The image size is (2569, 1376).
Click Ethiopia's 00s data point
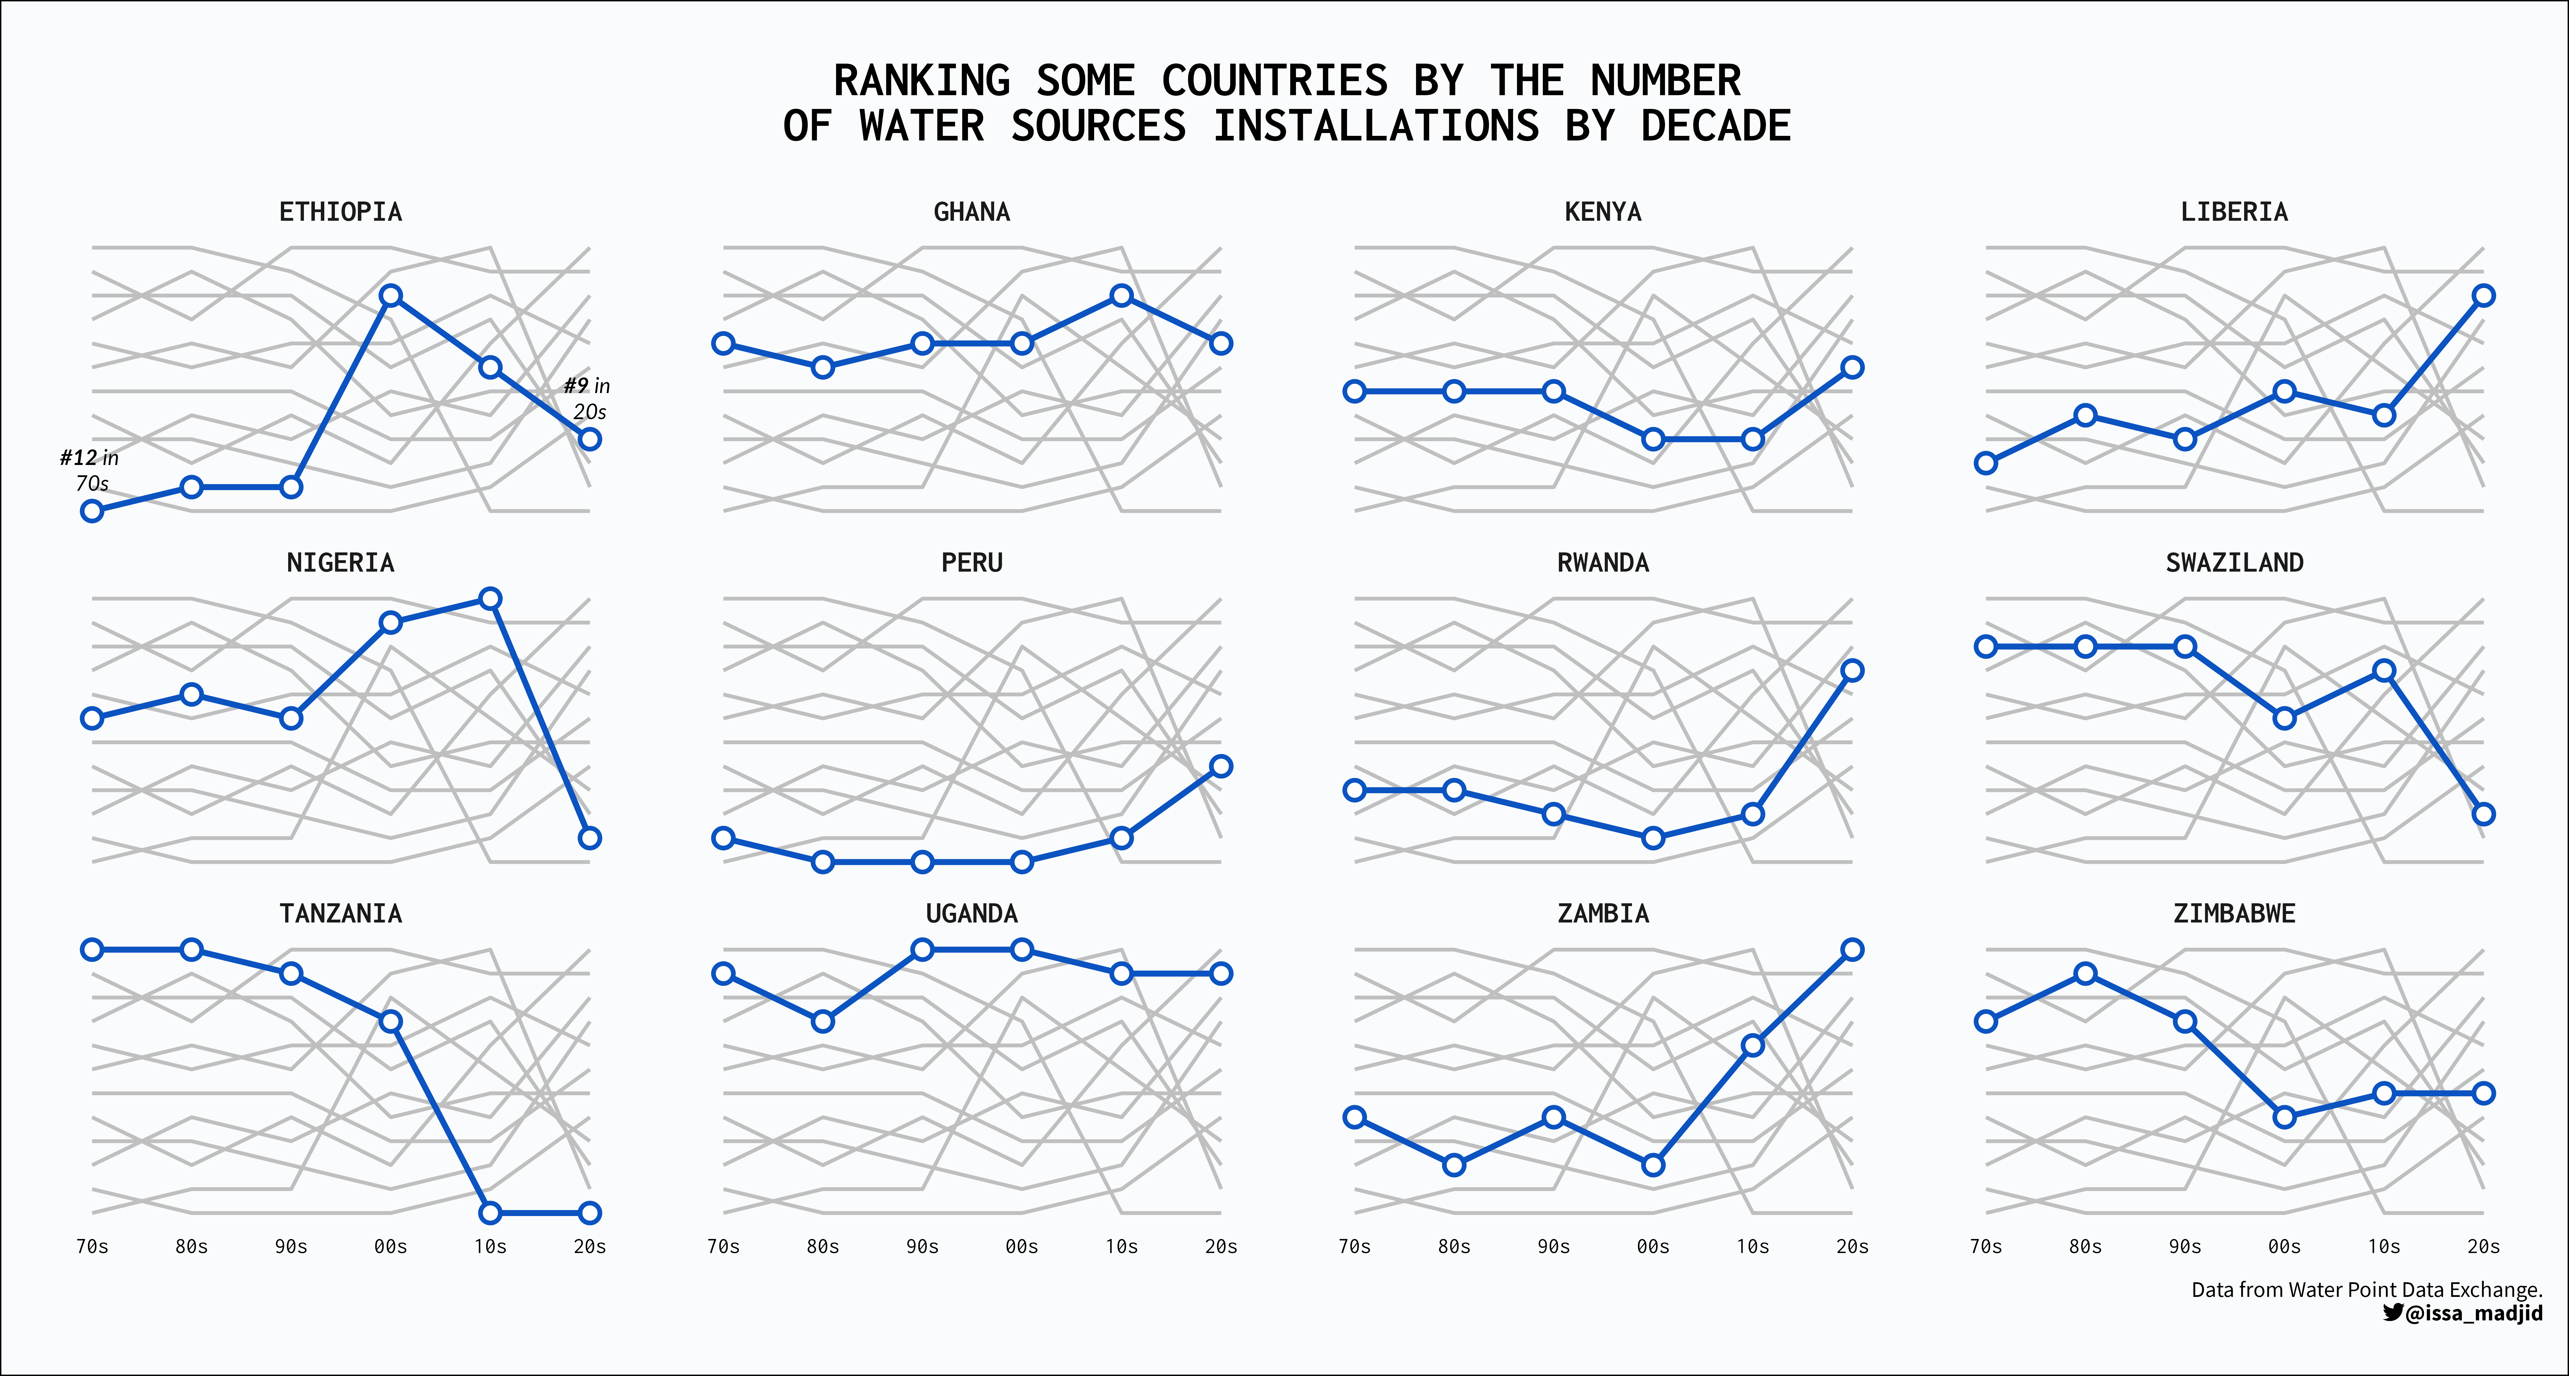click(x=391, y=296)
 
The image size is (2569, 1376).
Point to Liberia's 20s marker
click(x=2483, y=296)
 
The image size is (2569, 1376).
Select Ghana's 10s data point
click(x=1121, y=296)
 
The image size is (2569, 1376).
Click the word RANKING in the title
click(x=922, y=81)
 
